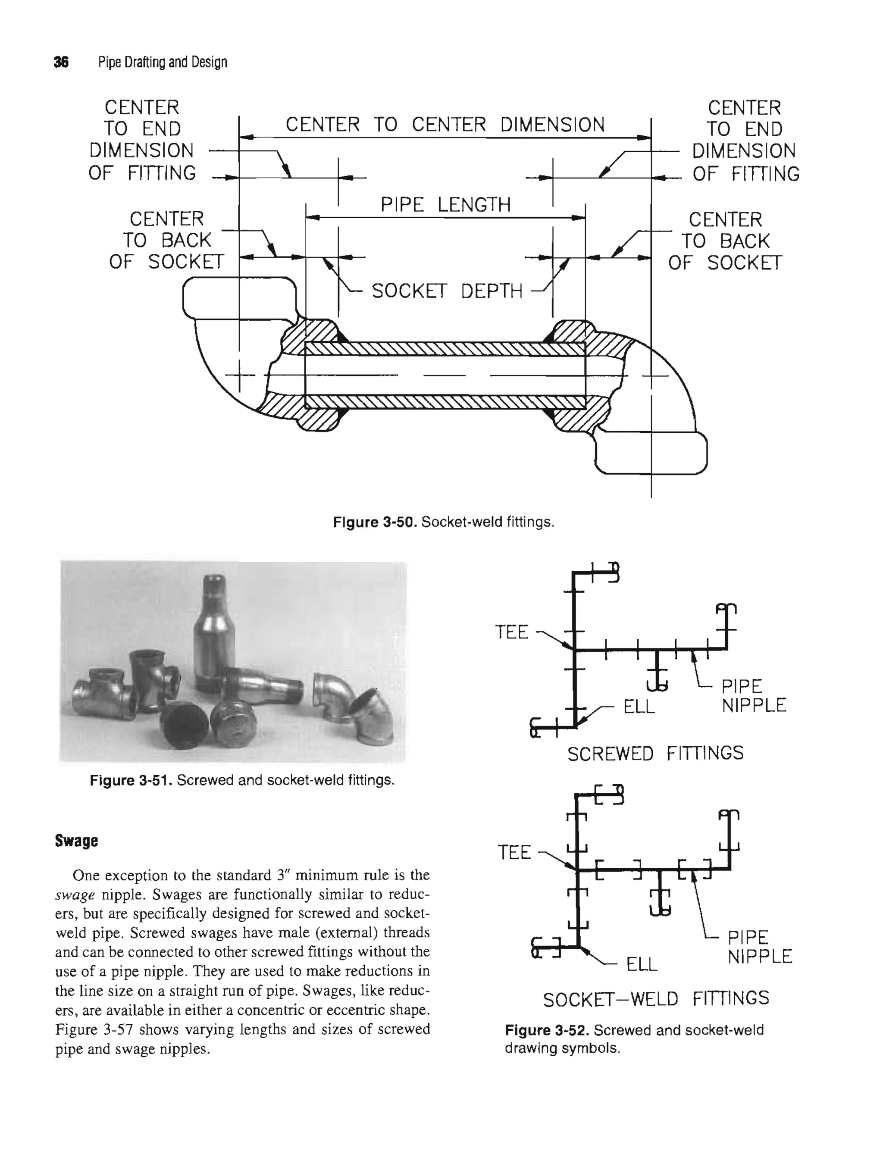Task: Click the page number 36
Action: (61, 63)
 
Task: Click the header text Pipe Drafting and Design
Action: (163, 63)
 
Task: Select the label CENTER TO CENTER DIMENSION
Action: (445, 125)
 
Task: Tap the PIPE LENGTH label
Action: (445, 204)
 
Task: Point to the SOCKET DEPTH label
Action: (447, 291)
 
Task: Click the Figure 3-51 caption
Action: (242, 780)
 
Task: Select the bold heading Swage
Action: (76, 841)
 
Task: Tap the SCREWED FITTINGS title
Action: (655, 753)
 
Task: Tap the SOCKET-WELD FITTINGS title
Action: (655, 998)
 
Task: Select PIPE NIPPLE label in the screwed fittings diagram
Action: (753, 696)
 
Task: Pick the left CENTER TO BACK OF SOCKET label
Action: (167, 241)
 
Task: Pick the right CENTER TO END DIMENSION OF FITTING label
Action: (745, 141)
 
